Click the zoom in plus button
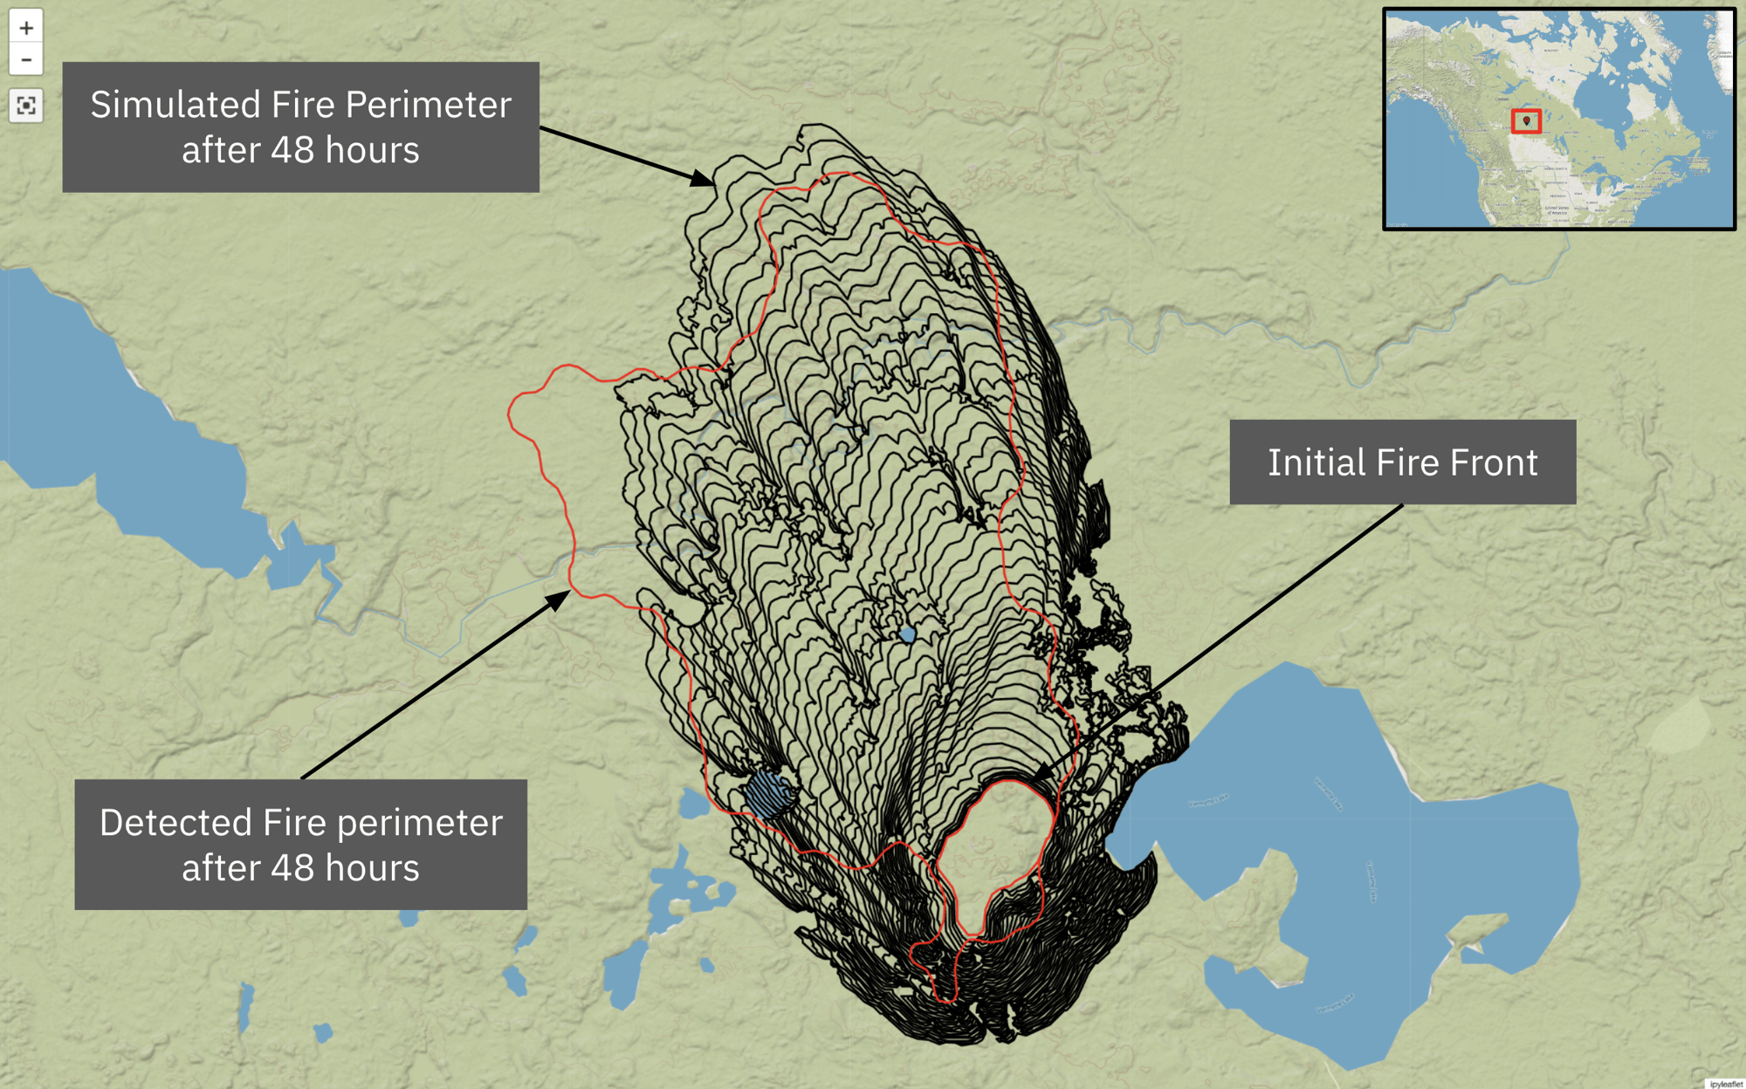(x=26, y=28)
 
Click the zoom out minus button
(x=26, y=60)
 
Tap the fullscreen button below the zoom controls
(x=26, y=106)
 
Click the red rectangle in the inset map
(x=1526, y=121)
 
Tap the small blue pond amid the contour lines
(x=907, y=634)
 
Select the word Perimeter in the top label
(x=427, y=105)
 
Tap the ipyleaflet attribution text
(x=1725, y=1084)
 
